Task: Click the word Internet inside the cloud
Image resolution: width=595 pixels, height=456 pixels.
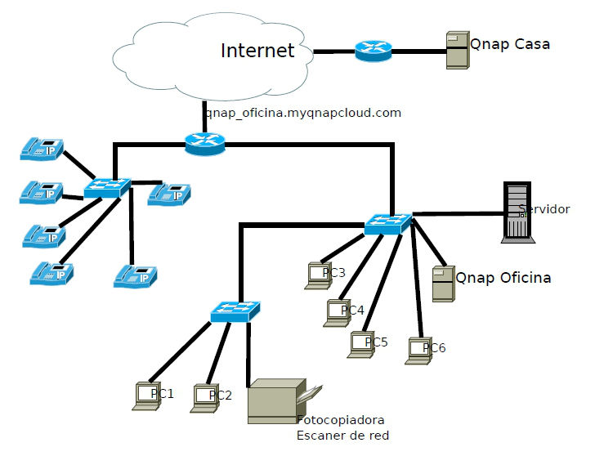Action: tap(257, 51)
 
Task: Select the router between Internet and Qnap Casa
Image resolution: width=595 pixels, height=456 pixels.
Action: tap(373, 51)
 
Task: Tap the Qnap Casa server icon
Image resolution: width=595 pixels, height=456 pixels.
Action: tap(456, 50)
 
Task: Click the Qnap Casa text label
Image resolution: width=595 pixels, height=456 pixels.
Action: tap(509, 44)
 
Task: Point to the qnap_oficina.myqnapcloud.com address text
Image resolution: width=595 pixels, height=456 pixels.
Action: tap(303, 113)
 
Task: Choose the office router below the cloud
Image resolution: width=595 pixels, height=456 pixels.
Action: tap(204, 144)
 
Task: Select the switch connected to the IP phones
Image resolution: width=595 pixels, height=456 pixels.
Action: tap(106, 188)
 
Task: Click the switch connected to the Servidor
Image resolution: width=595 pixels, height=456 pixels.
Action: tap(388, 223)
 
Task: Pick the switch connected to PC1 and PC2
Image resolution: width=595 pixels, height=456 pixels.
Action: tap(235, 311)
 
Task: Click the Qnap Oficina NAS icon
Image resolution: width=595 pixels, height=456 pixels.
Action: tap(442, 284)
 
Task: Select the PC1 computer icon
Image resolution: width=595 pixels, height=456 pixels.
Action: tap(144, 396)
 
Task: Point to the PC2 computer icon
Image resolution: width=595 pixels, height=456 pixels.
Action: tap(204, 397)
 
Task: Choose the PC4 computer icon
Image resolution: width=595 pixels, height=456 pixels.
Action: tap(335, 313)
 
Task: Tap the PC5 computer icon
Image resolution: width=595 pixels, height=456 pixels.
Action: tap(359, 344)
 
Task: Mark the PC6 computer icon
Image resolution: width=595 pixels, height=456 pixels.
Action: tap(418, 351)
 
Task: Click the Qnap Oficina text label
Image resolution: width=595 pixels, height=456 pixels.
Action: tap(503, 278)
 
